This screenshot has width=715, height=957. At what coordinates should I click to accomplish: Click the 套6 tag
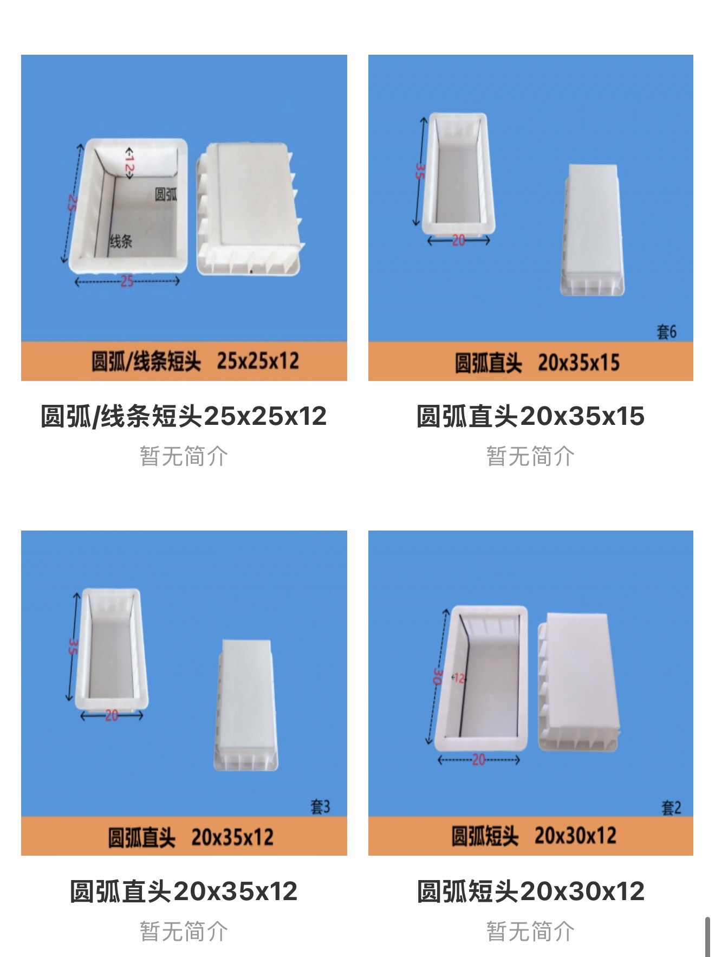666,332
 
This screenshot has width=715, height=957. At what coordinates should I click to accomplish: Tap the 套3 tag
320,807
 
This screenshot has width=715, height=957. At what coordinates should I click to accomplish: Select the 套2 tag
671,808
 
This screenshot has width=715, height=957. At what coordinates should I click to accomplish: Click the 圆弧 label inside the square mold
166,195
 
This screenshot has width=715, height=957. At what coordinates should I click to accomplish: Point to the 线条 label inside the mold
121,241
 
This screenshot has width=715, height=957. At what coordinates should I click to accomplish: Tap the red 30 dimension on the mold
438,676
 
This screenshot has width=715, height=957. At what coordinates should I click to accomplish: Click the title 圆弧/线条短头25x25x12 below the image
184,416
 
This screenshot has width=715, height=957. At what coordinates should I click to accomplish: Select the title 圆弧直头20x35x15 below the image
531,416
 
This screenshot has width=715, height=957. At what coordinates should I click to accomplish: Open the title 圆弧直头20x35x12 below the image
184,891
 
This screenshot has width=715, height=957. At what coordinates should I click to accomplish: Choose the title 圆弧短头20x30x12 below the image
531,891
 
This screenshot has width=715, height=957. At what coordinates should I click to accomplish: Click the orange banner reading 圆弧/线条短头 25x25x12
184,361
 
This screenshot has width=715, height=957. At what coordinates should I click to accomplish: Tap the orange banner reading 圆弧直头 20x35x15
531,361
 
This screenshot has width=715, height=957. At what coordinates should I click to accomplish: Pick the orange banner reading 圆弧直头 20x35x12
184,836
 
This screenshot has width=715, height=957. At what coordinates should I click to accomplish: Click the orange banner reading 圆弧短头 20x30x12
531,836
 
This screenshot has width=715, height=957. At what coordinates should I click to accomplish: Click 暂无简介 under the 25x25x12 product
184,456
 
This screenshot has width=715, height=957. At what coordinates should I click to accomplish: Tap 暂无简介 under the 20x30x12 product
531,932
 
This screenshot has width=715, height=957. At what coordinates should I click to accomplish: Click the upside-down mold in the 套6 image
592,230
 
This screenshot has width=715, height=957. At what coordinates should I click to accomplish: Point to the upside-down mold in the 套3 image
247,705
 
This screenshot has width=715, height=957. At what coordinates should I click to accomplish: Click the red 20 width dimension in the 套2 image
478,760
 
